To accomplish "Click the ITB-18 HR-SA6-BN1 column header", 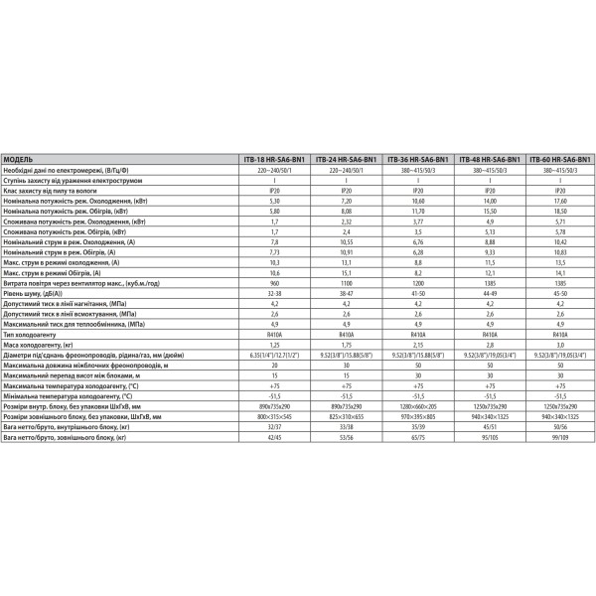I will click(x=274, y=159).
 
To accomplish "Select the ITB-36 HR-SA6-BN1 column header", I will click(x=417, y=159).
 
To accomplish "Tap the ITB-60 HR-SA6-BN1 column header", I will click(x=560, y=159).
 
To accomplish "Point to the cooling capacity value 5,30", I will click(x=274, y=201).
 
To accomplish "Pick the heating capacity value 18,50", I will click(x=560, y=212).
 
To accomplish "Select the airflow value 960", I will click(x=274, y=284).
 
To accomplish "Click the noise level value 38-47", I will click(x=346, y=295).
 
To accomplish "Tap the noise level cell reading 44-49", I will click(x=489, y=295).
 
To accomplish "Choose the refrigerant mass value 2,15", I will click(x=417, y=347).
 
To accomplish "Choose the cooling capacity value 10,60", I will click(x=417, y=201).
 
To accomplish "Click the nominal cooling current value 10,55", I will click(x=346, y=242).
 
